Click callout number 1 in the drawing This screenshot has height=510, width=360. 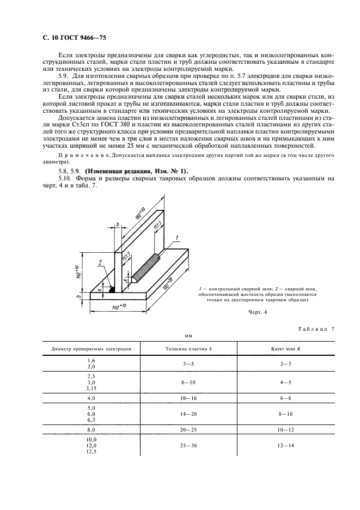coord(177,238)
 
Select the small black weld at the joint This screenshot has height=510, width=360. coord(112,290)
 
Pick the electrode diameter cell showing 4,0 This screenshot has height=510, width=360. coord(91,398)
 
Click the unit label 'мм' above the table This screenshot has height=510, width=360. coord(189,336)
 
